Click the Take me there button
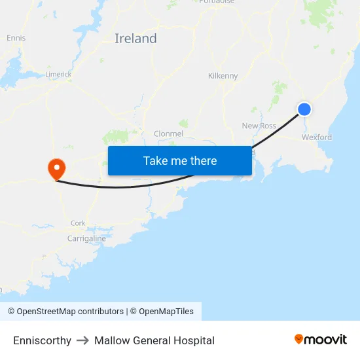[x=180, y=161]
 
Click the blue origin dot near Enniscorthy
[x=304, y=109]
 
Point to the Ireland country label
[x=135, y=39]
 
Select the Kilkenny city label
[x=223, y=76]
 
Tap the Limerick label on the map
[x=58, y=75]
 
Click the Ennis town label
[x=16, y=38]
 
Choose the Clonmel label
[x=168, y=134]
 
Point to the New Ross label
[x=259, y=126]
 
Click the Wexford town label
[x=316, y=137]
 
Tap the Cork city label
[x=78, y=223]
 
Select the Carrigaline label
[x=86, y=239]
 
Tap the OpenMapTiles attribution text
[x=166, y=312]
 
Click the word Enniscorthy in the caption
[x=42, y=340]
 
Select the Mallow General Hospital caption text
[x=154, y=340]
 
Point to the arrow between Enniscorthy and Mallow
[x=82, y=340]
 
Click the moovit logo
[x=320, y=340]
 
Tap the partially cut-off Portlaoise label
[x=217, y=2]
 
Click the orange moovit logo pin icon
[x=299, y=339]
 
